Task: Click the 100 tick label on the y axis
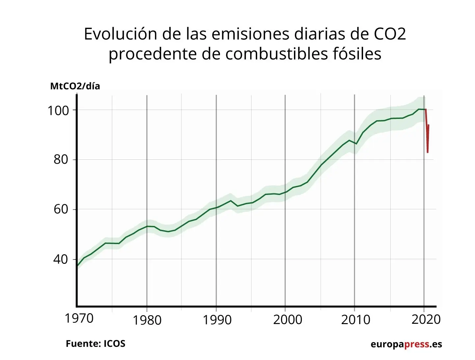click(58, 110)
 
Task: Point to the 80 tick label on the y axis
click(61, 159)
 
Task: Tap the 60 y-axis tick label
click(61, 209)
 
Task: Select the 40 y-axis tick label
click(61, 259)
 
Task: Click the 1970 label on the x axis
click(79, 318)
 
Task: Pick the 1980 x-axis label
click(147, 320)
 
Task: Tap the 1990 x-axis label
click(217, 320)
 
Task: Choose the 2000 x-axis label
click(287, 319)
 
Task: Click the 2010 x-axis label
click(356, 319)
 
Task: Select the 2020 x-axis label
click(426, 319)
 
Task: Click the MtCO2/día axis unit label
click(75, 86)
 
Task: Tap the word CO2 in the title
click(390, 34)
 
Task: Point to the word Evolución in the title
click(120, 34)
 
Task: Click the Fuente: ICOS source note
click(95, 344)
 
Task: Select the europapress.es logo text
click(406, 344)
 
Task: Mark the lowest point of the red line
click(427, 152)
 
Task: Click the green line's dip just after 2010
click(356, 144)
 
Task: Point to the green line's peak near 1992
click(230, 201)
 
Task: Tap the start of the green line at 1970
click(77, 266)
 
